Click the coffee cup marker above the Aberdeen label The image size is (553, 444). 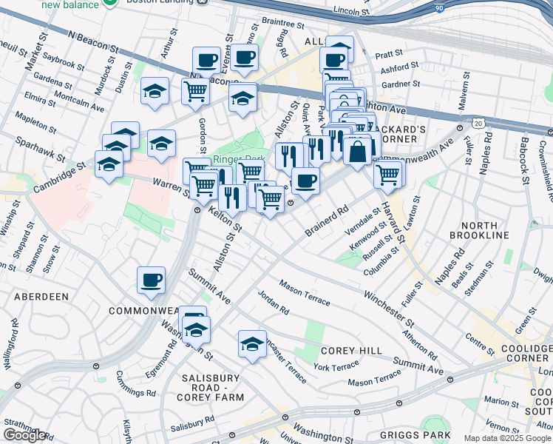pyautogui.click(x=151, y=280)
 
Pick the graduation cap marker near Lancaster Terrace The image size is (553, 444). pyautogui.click(x=252, y=344)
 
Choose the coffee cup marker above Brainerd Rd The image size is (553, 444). pyautogui.click(x=305, y=181)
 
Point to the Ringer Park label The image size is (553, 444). pyautogui.click(x=239, y=159)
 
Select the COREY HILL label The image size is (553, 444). pyautogui.click(x=351, y=350)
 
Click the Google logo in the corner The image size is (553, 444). pyautogui.click(x=25, y=435)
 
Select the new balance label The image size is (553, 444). pyautogui.click(x=70, y=4)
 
